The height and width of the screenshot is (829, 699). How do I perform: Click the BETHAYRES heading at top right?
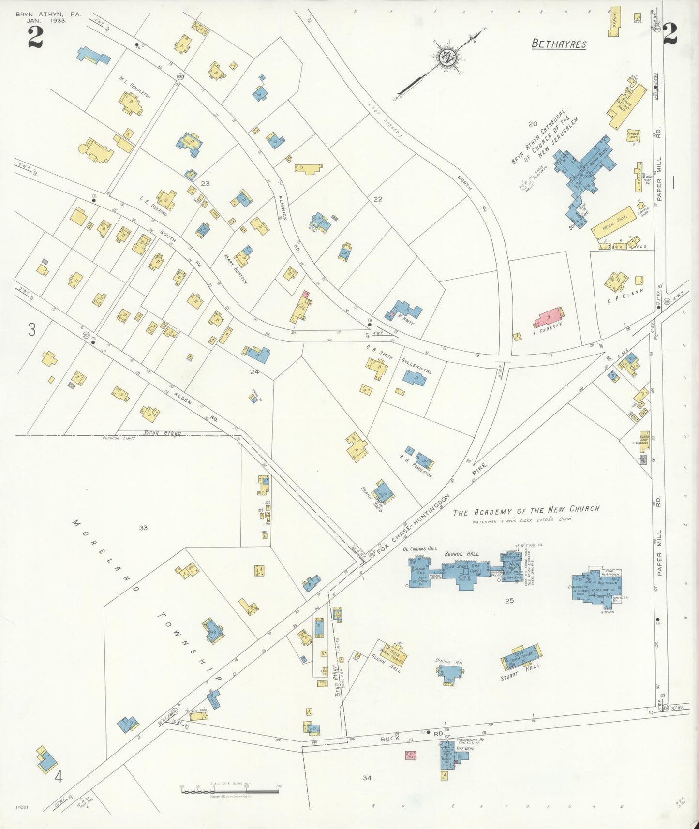tap(559, 44)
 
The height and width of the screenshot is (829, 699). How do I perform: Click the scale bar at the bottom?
tap(230, 792)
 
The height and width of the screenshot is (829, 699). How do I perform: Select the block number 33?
tap(143, 528)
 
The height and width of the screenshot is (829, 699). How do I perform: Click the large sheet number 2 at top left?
tap(35, 37)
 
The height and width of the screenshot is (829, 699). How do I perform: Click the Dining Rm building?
tap(451, 672)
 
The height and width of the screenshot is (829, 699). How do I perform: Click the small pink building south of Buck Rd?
tap(411, 755)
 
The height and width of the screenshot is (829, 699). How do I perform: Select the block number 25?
tap(509, 601)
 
